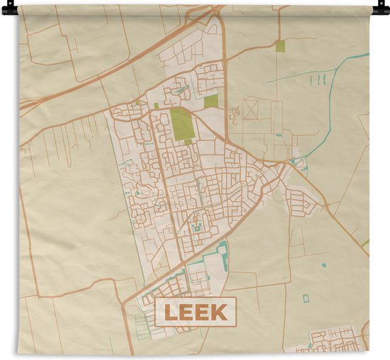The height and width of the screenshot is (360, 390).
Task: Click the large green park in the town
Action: pos(182,124)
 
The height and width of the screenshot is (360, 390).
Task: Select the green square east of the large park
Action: pos(211,101)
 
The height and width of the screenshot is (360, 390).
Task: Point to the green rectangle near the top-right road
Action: pos(280,46)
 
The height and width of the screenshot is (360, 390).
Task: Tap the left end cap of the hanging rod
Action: pos(6,9)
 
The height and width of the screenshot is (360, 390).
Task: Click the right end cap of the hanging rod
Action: pos(384,9)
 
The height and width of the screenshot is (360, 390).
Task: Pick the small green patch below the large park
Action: pos(189,142)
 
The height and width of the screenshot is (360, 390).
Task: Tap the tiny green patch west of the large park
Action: pos(156,106)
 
